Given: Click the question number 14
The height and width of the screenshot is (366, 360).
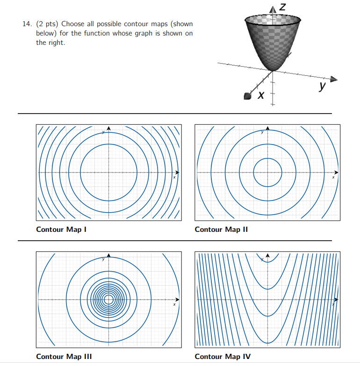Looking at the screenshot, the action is coord(27,24).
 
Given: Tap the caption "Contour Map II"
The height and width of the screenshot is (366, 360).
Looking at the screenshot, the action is coord(221,229).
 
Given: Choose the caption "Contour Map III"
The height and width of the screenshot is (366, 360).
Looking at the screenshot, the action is coord(64,357).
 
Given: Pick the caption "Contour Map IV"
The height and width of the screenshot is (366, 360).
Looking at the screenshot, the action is coord(223,357).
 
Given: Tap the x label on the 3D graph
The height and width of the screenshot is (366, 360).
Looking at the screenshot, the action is coord(262,96).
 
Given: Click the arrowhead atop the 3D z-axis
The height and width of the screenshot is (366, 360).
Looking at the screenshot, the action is coord(274,9).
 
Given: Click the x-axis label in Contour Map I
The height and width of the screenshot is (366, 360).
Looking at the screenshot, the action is coord(174,177).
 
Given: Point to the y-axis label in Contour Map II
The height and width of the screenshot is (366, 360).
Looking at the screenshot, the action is coord(262,132).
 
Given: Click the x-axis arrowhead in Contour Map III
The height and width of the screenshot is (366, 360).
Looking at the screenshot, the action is coord(177,299).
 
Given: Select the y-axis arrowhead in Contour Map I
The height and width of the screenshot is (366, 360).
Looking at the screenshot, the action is coord(109,128).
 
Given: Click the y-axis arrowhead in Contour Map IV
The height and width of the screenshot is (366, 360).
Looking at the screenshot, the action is coord(268,255).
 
